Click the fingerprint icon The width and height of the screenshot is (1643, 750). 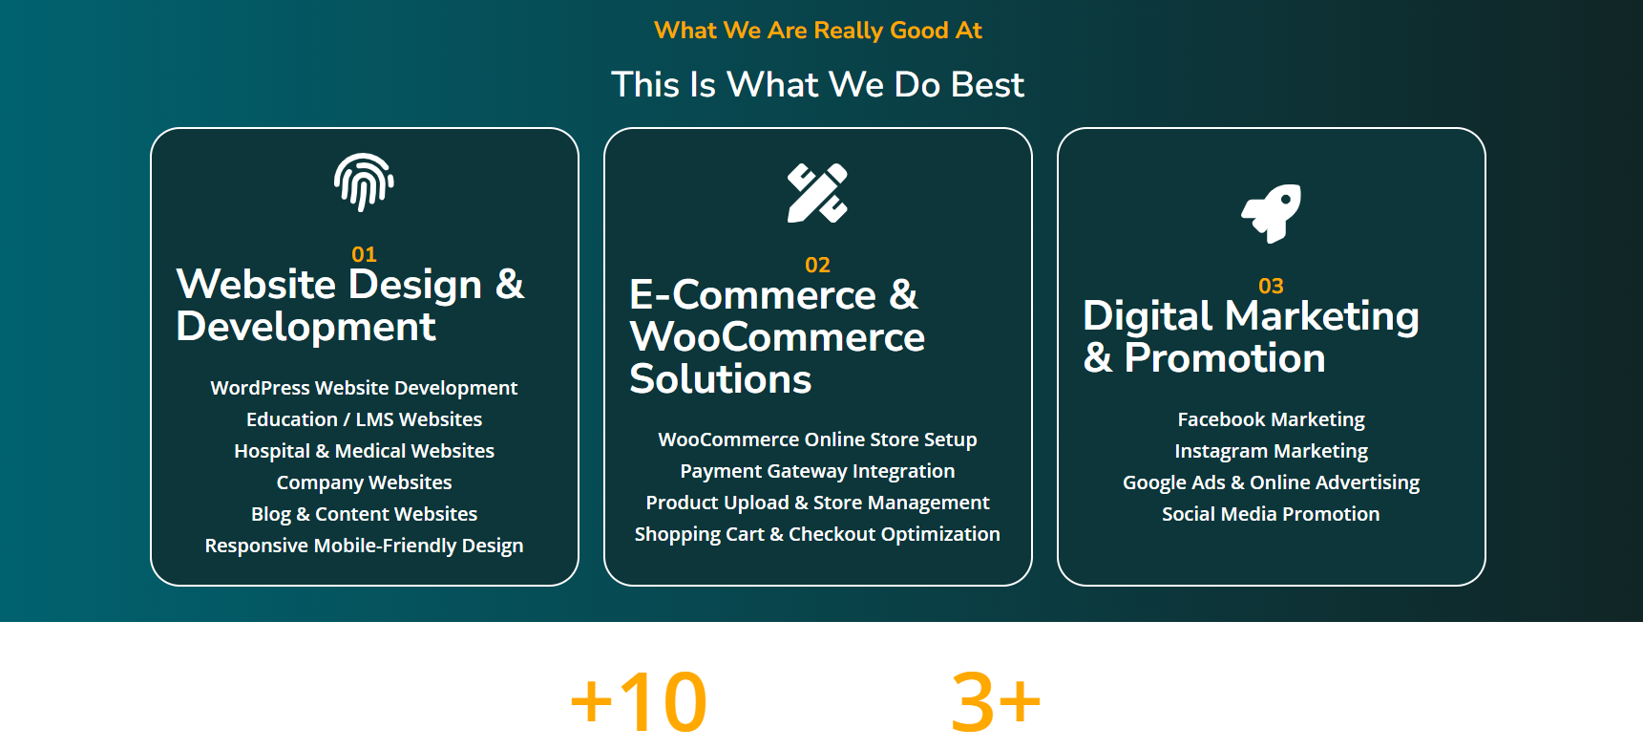[364, 182]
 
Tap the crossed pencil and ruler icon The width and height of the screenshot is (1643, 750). [817, 193]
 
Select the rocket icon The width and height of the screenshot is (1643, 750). [1271, 213]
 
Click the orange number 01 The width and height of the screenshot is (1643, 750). [364, 254]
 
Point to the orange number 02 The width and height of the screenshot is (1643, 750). [817, 265]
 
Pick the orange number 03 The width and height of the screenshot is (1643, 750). [1271, 286]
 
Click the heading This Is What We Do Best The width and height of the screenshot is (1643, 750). [817, 85]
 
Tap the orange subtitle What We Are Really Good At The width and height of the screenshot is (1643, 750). [818, 31]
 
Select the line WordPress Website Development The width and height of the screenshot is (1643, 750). [364, 388]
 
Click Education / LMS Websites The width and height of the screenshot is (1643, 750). [364, 419]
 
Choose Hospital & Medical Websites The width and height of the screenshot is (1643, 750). [364, 451]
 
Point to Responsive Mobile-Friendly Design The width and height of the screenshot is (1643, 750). [364, 546]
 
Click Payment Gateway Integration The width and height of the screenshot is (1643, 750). [817, 471]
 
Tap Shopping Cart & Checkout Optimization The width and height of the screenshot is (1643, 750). [817, 534]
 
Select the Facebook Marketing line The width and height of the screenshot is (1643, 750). [1271, 419]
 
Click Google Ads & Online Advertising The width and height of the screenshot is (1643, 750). [1271, 482]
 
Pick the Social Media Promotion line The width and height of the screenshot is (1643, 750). [1271, 514]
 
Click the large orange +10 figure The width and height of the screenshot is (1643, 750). [639, 702]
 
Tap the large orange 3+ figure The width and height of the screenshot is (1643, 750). [996, 702]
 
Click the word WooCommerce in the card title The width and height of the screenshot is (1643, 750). [777, 337]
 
